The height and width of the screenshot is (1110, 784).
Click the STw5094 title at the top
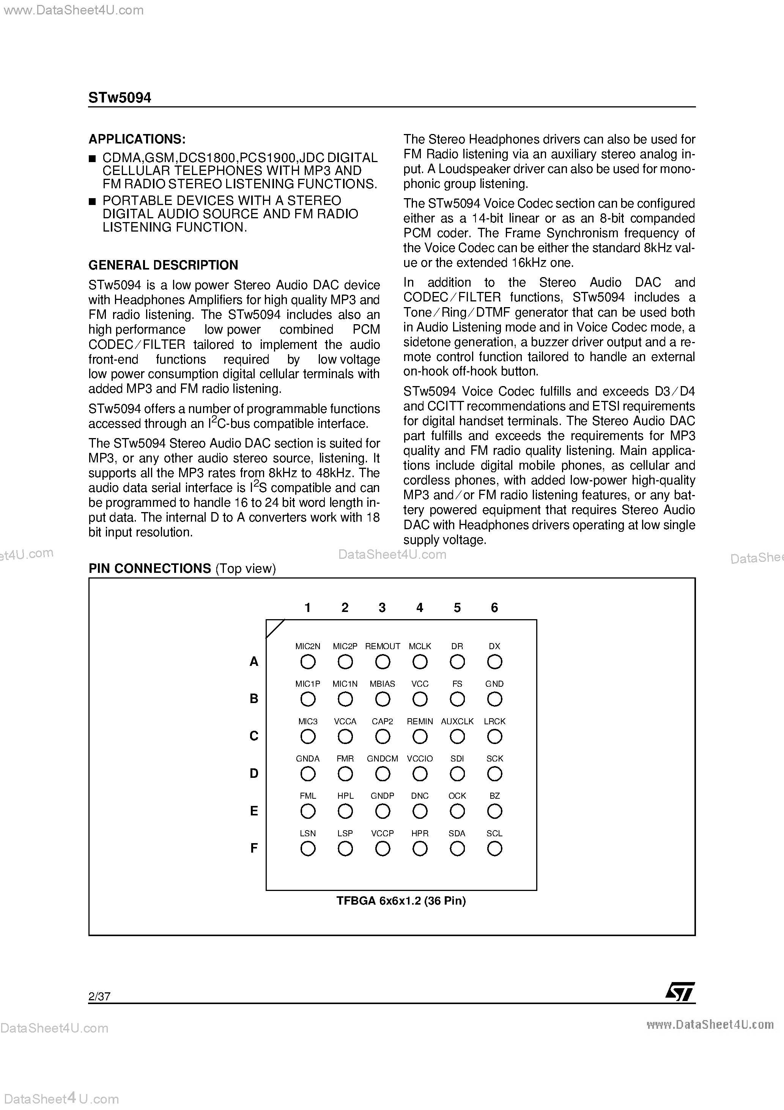tap(120, 98)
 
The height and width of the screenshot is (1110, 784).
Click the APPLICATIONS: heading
tap(137, 139)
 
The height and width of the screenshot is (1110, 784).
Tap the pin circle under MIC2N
tap(308, 662)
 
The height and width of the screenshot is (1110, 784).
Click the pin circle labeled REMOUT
tap(383, 662)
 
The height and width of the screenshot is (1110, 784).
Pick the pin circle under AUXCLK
tap(457, 737)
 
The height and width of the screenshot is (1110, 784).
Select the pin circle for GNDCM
tap(383, 774)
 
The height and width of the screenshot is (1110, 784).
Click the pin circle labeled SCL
tap(494, 848)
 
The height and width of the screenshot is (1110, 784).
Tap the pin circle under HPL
tap(345, 811)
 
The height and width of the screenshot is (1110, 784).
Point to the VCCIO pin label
tap(420, 758)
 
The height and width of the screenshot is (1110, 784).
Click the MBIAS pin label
tap(383, 684)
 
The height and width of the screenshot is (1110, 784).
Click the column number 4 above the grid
tap(420, 608)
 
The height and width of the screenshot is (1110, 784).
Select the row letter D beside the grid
tap(254, 774)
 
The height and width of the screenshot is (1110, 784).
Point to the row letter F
tap(254, 848)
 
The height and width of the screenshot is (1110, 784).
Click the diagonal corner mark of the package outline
tap(276, 629)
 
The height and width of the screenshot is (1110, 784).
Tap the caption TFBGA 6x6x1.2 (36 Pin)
tap(401, 901)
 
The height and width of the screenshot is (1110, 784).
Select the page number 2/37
tap(99, 996)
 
